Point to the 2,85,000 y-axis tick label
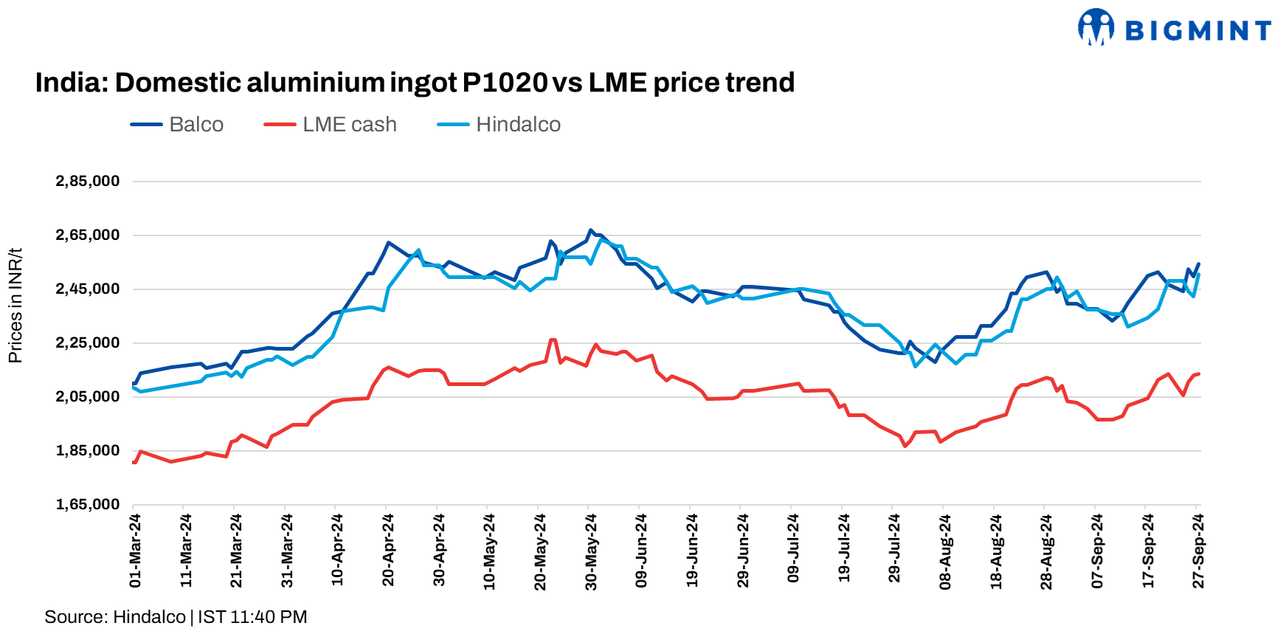coord(87,181)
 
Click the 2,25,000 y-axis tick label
coord(87,342)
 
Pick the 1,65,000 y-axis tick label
coord(87,504)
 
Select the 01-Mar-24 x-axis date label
coord(135,551)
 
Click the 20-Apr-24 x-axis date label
coord(388,551)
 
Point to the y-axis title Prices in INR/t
coord(15,305)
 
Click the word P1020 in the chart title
coord(505,83)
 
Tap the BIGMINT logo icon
coord(1096,27)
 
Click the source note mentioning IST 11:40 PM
coord(176,616)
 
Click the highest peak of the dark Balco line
coord(590,230)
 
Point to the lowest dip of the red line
coord(905,446)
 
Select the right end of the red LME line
coord(1198,373)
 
